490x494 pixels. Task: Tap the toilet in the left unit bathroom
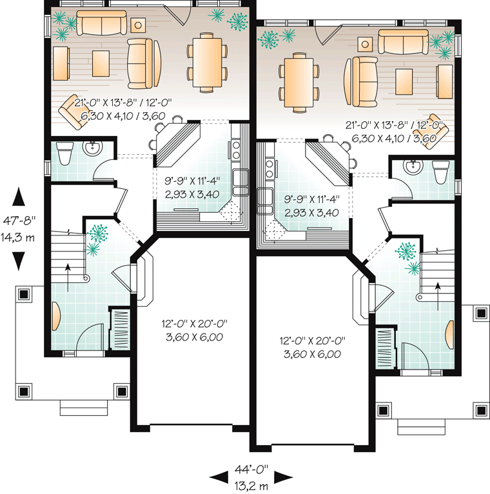[x=65, y=153]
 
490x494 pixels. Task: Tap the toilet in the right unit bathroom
[x=440, y=172]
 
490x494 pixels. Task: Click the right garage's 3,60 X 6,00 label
[x=310, y=354]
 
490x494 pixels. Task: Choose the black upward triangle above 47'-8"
[x=19, y=195]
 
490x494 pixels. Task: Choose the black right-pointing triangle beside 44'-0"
[x=282, y=477]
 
